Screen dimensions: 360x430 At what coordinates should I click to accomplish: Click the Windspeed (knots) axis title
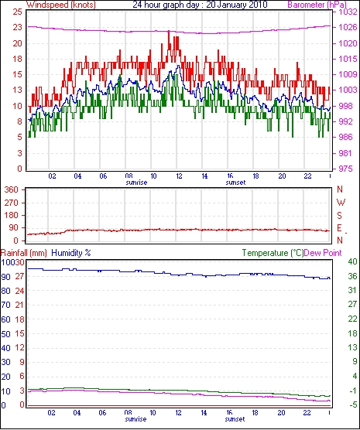click(x=61, y=5)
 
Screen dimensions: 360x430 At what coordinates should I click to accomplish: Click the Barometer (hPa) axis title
click(x=317, y=5)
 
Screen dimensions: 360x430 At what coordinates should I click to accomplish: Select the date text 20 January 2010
click(x=237, y=5)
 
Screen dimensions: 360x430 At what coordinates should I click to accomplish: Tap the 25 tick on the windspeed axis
click(x=17, y=12)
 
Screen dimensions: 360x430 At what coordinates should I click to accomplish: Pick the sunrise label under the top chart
click(x=136, y=183)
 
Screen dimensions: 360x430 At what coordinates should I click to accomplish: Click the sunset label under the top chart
click(x=235, y=183)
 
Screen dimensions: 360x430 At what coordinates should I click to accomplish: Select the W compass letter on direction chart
click(x=341, y=203)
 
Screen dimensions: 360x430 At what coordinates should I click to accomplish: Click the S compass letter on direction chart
click(x=339, y=216)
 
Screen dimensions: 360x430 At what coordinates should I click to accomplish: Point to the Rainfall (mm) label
click(x=24, y=253)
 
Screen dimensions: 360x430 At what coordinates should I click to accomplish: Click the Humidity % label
click(x=71, y=253)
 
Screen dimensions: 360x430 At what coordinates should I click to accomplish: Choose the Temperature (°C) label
click(x=273, y=253)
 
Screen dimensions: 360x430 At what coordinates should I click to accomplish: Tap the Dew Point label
click(x=323, y=253)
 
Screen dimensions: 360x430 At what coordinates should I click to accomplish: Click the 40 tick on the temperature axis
click(x=352, y=261)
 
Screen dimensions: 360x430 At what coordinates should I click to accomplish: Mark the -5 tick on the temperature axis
click(x=352, y=404)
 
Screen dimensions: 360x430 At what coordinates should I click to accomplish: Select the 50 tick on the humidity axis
click(x=5, y=334)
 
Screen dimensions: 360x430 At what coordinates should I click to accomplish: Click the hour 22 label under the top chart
click(x=307, y=176)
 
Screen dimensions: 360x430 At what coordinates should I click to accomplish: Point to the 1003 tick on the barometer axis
click(x=346, y=90)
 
